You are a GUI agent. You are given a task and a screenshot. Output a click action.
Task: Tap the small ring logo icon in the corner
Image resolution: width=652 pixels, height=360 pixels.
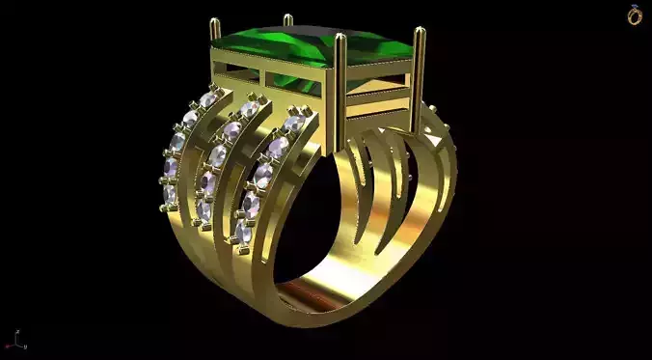tap(635, 14)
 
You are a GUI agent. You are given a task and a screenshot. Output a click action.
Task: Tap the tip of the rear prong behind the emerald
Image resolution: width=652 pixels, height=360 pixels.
tap(286, 17)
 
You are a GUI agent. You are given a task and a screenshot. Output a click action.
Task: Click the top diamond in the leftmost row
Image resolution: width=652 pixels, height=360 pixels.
tap(209, 99)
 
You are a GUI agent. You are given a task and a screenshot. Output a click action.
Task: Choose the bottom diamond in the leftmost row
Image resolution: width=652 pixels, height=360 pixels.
tap(170, 196)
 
